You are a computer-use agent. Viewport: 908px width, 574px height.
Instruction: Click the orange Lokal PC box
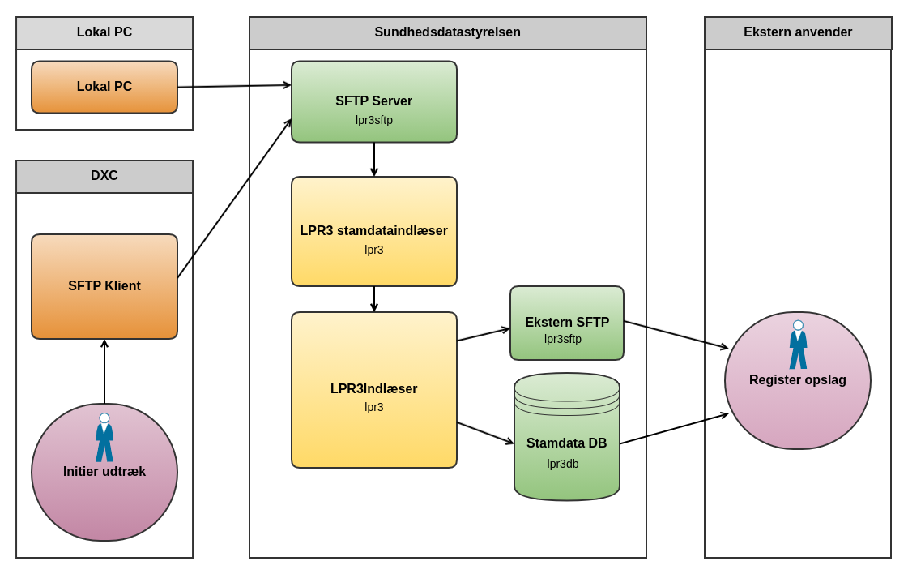point(104,87)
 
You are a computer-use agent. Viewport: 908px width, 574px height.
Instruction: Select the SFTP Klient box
point(104,286)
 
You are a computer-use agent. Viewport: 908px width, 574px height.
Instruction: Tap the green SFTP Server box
point(374,102)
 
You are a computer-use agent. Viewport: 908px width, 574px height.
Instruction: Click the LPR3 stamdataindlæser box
point(374,231)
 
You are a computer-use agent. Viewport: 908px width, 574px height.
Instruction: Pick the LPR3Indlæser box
point(374,389)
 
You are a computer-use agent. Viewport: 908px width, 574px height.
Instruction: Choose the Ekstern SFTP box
point(567,323)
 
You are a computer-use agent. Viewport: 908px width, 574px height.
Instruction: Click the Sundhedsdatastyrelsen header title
point(448,32)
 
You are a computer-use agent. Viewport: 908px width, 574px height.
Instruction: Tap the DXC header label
point(104,176)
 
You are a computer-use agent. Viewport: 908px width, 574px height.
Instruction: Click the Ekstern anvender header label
point(798,32)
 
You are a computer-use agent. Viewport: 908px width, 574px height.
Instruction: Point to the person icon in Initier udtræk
point(104,438)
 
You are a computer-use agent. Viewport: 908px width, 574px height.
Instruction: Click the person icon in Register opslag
point(798,345)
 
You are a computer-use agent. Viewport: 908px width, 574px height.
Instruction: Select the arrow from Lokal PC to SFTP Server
point(234,86)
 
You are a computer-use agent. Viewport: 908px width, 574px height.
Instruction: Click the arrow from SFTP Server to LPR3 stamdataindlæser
point(374,159)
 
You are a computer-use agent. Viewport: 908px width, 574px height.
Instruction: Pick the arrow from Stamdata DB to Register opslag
point(674,429)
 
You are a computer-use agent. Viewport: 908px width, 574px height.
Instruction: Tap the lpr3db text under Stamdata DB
point(563,464)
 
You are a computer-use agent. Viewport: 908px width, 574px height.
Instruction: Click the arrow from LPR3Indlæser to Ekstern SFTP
point(484,334)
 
